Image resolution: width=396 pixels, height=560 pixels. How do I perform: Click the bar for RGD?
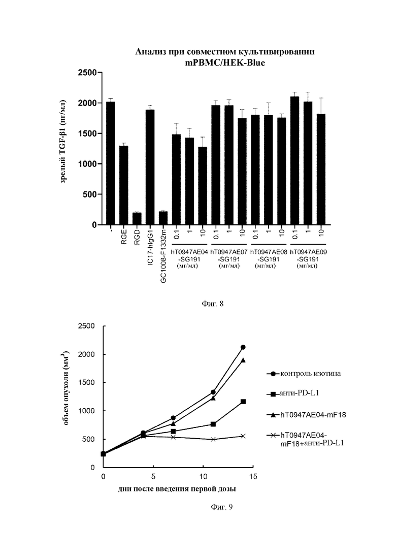[x=137, y=219]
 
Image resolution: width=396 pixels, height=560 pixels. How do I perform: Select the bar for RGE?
[x=123, y=185]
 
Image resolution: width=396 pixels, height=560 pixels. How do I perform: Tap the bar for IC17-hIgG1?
[x=150, y=167]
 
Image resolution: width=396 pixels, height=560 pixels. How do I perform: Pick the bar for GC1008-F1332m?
[x=163, y=218]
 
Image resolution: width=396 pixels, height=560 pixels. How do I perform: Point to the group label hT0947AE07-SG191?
[x=229, y=255]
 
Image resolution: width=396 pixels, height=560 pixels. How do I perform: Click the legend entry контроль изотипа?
[x=304, y=374]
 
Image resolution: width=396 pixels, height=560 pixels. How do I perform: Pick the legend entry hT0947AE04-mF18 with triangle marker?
[x=306, y=415]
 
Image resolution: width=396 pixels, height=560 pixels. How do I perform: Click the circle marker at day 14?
[x=243, y=347]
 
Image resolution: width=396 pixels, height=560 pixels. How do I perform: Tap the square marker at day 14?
[x=243, y=402]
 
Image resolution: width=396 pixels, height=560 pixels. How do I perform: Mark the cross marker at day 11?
[x=213, y=439]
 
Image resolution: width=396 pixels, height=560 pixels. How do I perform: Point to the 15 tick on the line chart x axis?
[x=253, y=477]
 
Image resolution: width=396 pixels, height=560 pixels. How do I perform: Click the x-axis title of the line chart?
[x=177, y=489]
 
